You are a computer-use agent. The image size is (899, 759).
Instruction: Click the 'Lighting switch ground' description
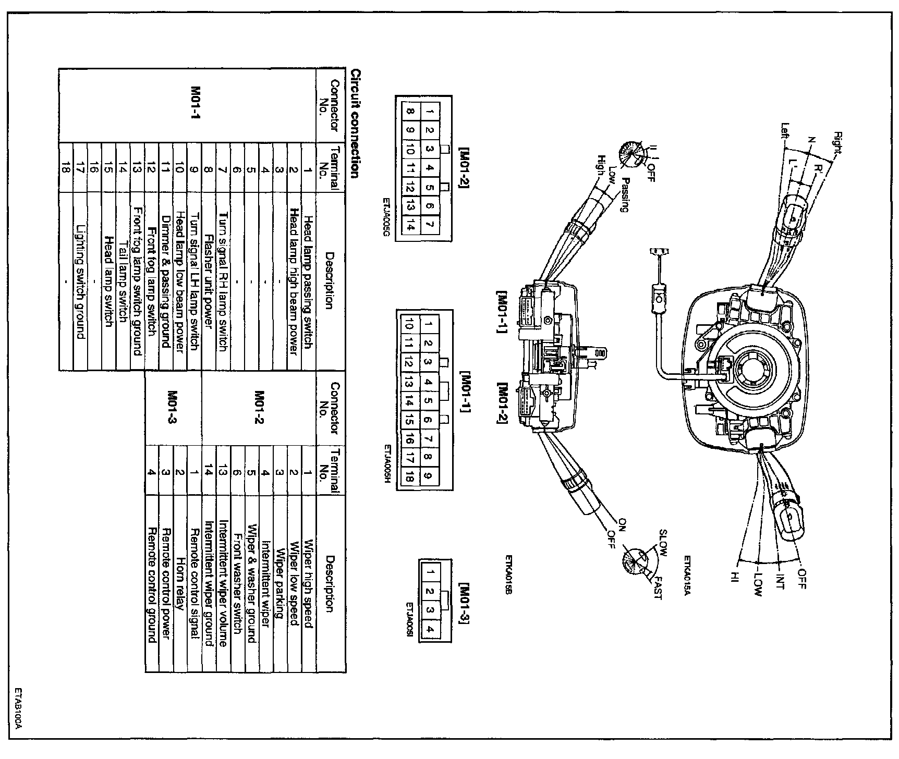pos(80,281)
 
